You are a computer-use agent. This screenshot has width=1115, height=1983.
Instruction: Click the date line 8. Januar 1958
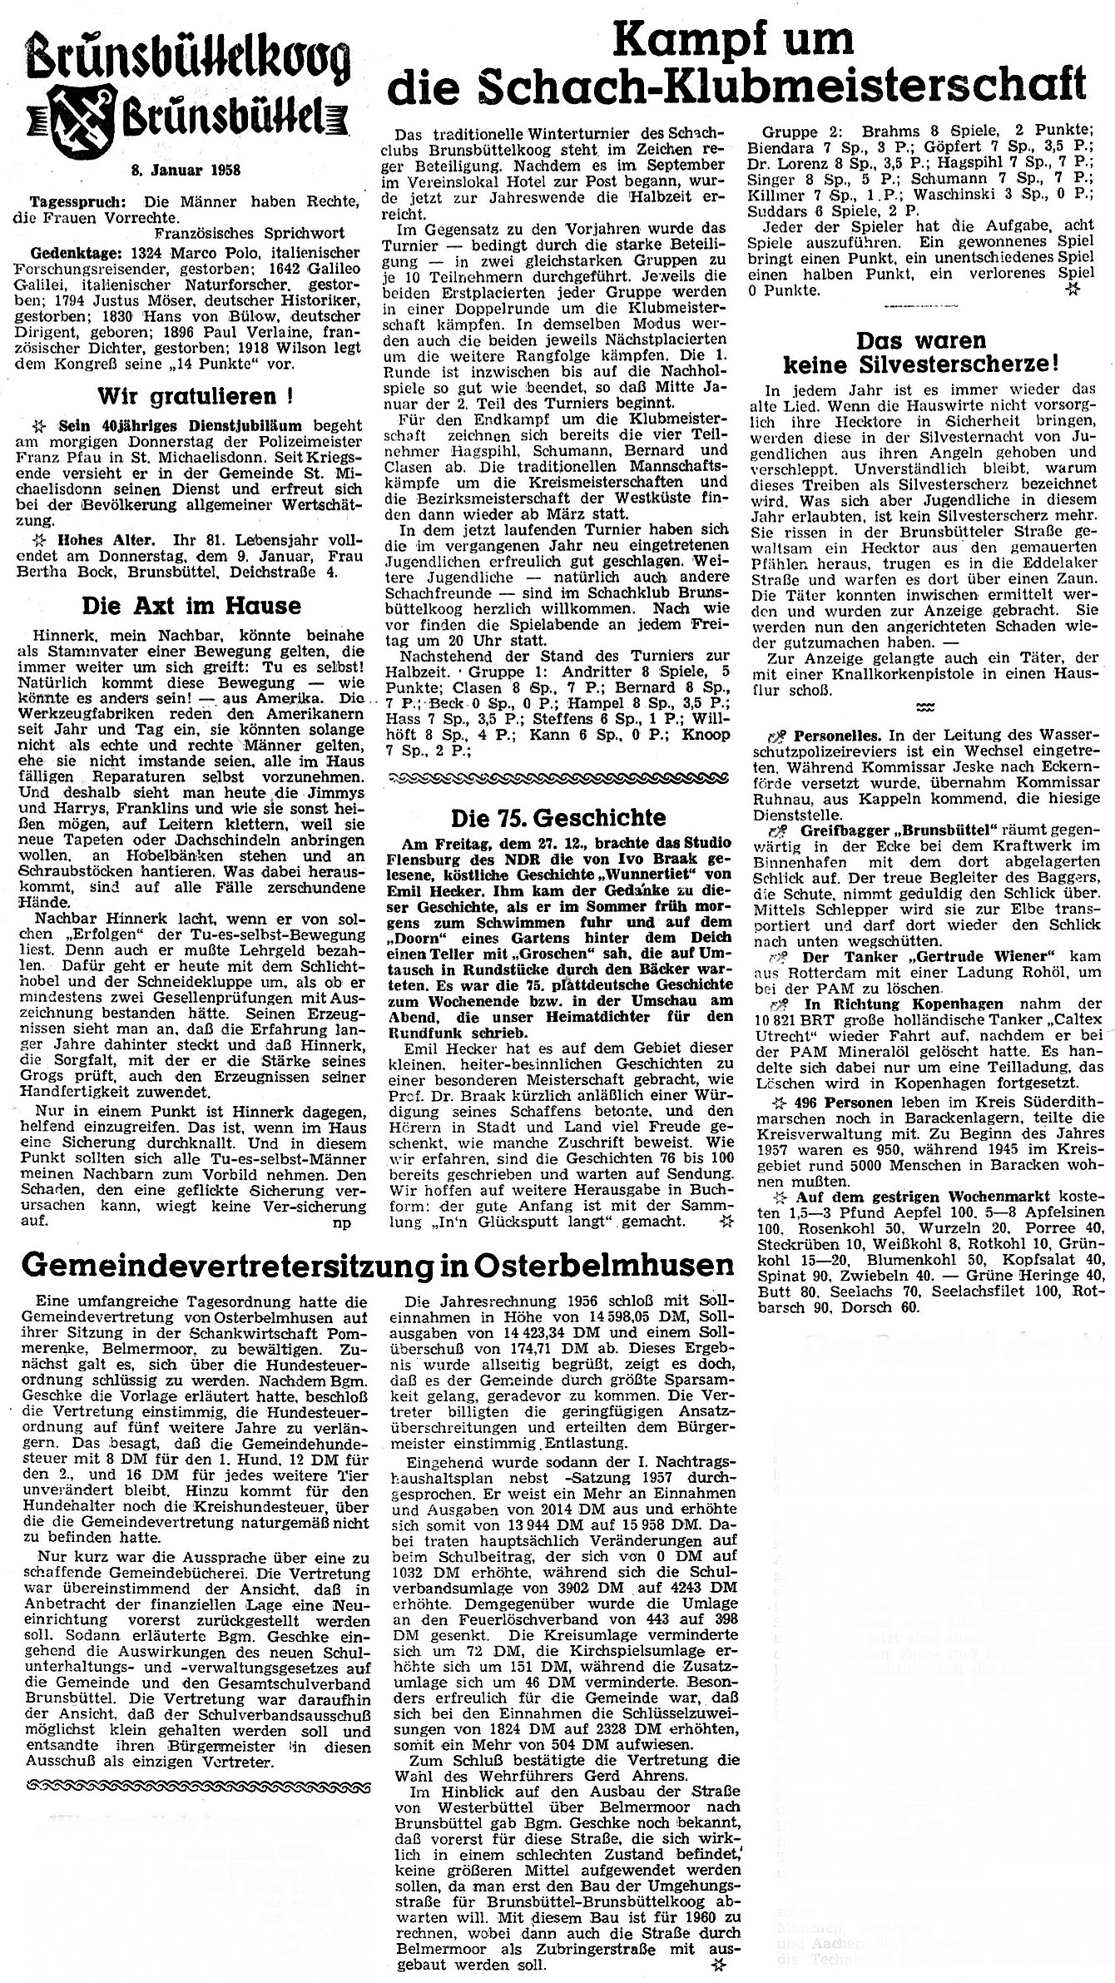pos(186,171)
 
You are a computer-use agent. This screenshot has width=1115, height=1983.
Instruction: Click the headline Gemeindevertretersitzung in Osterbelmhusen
pos(366,1264)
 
